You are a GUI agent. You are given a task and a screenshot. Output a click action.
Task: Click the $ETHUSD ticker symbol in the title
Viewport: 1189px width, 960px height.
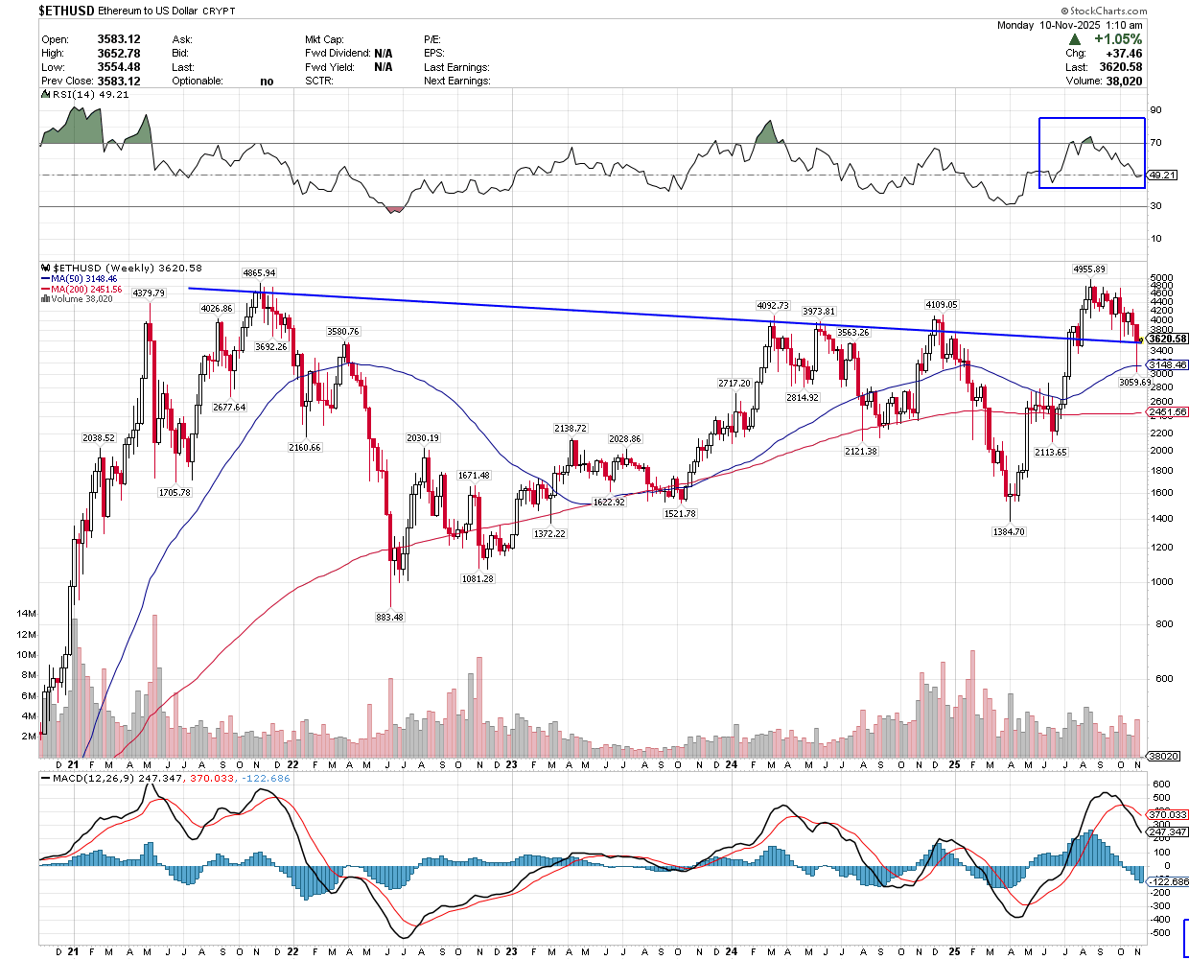(66, 11)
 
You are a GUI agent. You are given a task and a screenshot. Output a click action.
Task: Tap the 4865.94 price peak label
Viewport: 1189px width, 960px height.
(259, 273)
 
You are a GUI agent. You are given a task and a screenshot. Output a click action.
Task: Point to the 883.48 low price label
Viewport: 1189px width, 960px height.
(390, 617)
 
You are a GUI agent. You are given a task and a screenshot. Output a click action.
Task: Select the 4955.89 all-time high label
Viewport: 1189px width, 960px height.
(1088, 269)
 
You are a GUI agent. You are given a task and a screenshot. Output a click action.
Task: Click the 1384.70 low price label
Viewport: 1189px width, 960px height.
(1009, 531)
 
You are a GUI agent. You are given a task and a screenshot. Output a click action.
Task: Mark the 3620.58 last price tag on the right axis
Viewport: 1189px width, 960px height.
(1168, 339)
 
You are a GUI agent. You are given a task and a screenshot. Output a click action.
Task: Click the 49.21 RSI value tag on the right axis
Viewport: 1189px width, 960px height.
(1162, 176)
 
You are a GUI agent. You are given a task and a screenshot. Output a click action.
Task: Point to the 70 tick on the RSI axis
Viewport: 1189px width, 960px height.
(1156, 143)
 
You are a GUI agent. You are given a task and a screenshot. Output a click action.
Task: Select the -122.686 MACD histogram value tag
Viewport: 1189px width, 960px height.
(1168, 881)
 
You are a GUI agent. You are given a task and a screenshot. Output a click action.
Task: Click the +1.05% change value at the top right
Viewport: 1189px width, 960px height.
(1118, 39)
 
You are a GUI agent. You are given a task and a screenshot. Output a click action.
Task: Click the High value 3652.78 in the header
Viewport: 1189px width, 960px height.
(119, 54)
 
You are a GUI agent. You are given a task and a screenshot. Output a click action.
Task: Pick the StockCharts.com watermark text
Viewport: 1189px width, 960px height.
(1108, 12)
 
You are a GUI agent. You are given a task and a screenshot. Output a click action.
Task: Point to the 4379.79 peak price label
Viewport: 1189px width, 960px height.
(149, 293)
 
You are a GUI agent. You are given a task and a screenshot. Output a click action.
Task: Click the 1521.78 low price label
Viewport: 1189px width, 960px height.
(680, 514)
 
